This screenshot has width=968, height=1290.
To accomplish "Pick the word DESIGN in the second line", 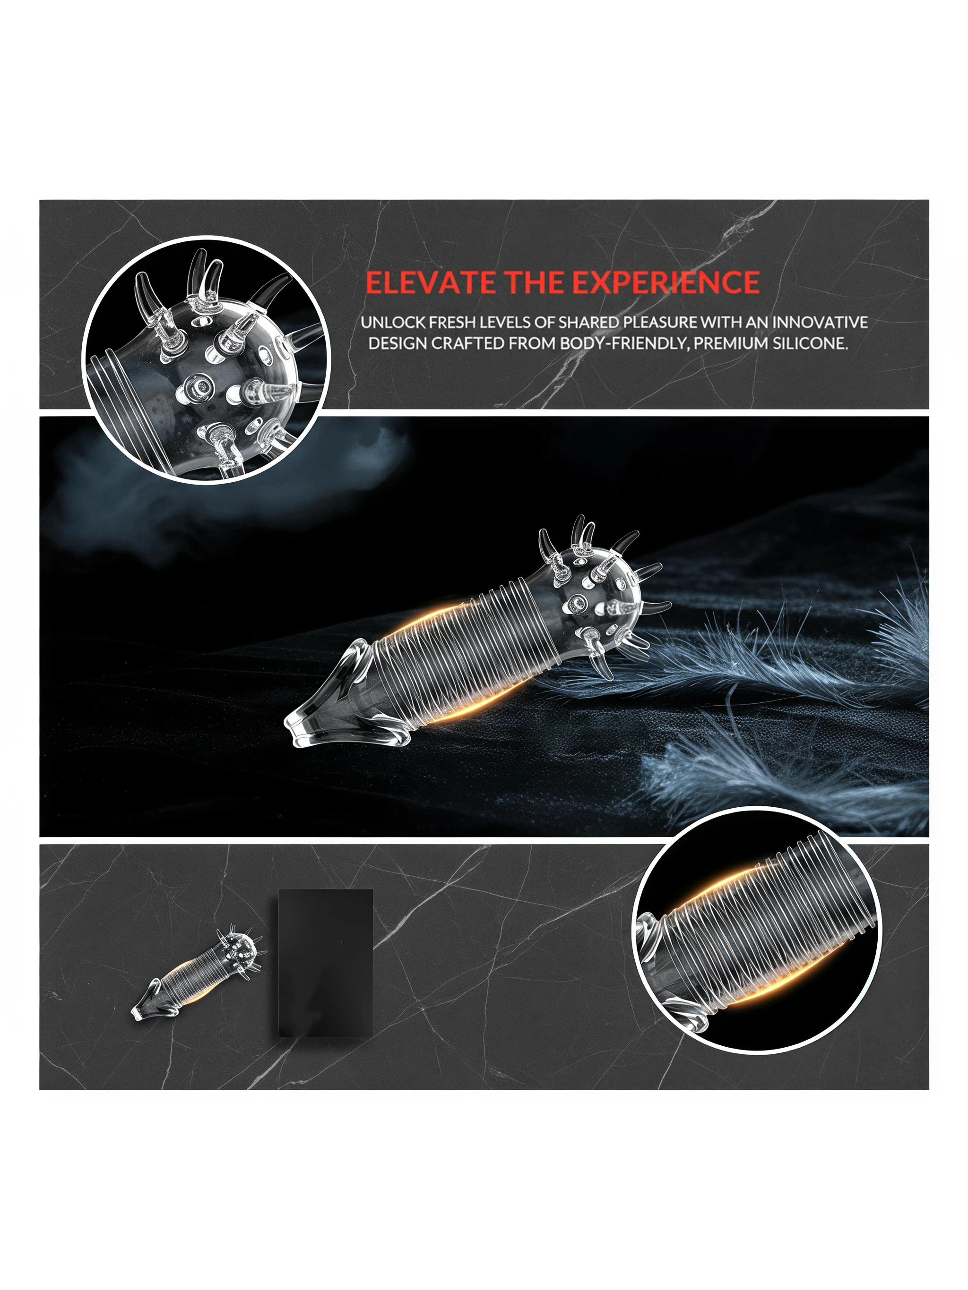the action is tap(398, 343).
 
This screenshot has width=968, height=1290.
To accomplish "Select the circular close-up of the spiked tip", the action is tap(207, 360).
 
